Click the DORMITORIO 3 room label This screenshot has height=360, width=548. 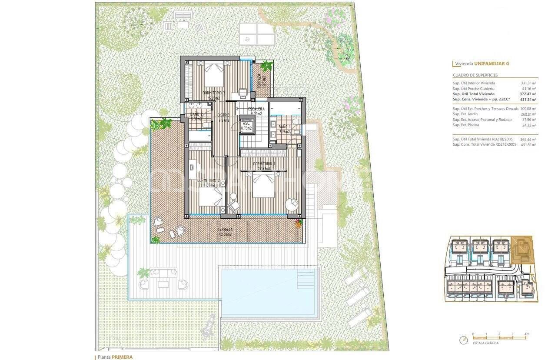(213, 93)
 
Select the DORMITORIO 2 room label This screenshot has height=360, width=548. (206, 180)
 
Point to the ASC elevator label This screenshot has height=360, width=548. (246, 123)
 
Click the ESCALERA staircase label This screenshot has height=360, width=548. (256, 109)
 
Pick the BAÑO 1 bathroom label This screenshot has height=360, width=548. (286, 127)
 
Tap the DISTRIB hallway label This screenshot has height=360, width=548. (224, 115)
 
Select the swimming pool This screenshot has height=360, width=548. (269, 291)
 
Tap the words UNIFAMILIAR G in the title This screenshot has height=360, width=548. (492, 64)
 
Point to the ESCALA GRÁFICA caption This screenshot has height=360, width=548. (486, 343)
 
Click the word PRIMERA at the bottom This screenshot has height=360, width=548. (122, 357)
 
